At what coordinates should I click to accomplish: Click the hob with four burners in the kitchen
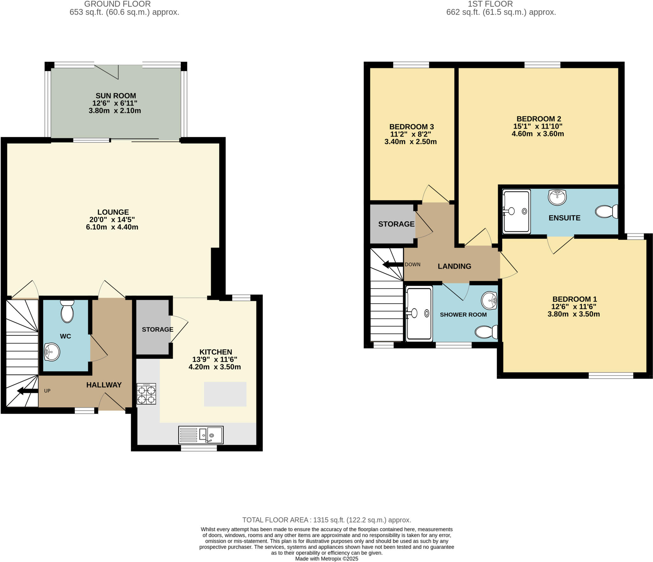[146, 394]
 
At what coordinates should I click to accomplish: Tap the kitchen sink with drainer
[201, 435]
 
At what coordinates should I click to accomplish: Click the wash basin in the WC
[52, 352]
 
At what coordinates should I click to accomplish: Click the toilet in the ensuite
[606, 212]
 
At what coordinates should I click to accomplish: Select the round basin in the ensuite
[557, 197]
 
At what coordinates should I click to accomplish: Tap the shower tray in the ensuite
[516, 211]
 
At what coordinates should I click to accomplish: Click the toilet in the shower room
[486, 332]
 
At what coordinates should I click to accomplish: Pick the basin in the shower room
[489, 300]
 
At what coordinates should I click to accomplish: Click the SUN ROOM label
[116, 96]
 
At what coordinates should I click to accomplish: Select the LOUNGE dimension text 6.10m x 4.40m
[112, 227]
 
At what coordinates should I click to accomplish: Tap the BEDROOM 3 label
[411, 127]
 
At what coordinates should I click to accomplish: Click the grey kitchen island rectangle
[225, 394]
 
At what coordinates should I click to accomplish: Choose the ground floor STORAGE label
[158, 329]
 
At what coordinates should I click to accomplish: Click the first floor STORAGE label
[396, 224]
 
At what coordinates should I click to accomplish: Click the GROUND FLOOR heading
[117, 4]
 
